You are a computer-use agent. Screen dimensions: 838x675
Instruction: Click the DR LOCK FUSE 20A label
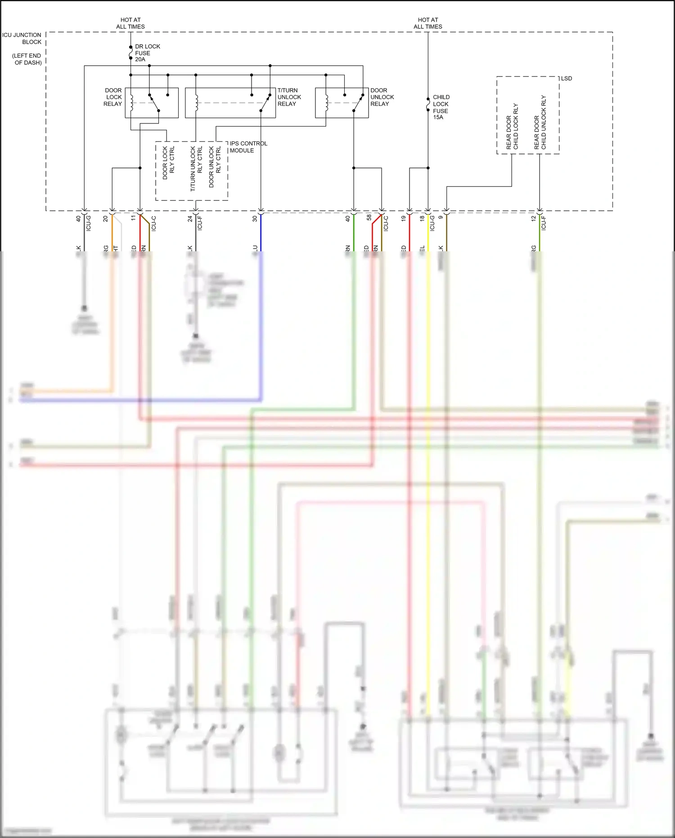(x=147, y=53)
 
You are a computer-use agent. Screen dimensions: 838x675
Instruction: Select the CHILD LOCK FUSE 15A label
(x=441, y=107)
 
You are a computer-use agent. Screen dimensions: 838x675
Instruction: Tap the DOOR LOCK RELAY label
(x=113, y=97)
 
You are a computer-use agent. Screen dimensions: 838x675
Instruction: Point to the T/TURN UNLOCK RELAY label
(x=289, y=97)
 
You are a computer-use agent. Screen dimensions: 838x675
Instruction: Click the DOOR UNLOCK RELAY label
(x=382, y=97)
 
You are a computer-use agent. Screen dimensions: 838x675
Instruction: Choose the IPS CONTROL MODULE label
(x=248, y=147)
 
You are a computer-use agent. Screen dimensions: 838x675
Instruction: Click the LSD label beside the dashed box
(x=566, y=78)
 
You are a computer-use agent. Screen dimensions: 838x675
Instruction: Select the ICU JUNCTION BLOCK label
(x=22, y=38)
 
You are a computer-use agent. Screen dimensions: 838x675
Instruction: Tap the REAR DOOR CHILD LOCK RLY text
(x=512, y=127)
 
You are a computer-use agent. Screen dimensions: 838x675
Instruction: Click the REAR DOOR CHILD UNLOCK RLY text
(x=540, y=122)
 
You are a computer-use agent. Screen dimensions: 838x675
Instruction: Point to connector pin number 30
(x=255, y=218)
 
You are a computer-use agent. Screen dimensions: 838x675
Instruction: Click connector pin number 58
(x=369, y=217)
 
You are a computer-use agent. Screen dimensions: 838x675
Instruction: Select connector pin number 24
(x=190, y=218)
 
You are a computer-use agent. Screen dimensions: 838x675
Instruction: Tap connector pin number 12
(x=533, y=218)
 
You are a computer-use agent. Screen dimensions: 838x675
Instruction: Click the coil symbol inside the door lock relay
(x=132, y=103)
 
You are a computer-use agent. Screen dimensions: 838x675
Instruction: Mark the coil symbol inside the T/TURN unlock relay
(x=197, y=103)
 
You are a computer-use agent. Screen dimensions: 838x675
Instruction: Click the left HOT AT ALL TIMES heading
(x=130, y=23)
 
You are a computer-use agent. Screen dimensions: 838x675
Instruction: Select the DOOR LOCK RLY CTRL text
(x=168, y=163)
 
